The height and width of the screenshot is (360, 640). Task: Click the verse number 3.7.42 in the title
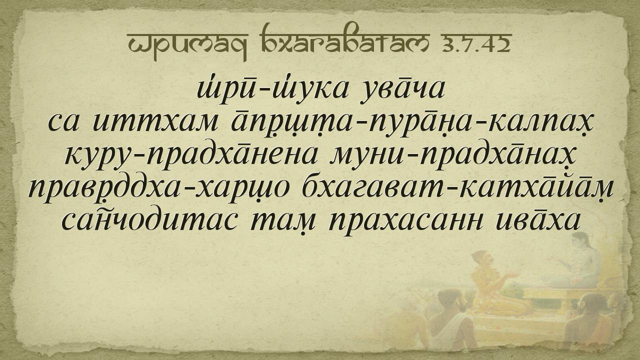tap(475, 44)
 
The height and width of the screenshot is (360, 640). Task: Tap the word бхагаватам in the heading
tap(346, 41)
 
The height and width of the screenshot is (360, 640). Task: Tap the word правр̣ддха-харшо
tap(158, 189)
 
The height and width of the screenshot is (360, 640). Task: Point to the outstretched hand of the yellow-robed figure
tap(512, 275)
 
